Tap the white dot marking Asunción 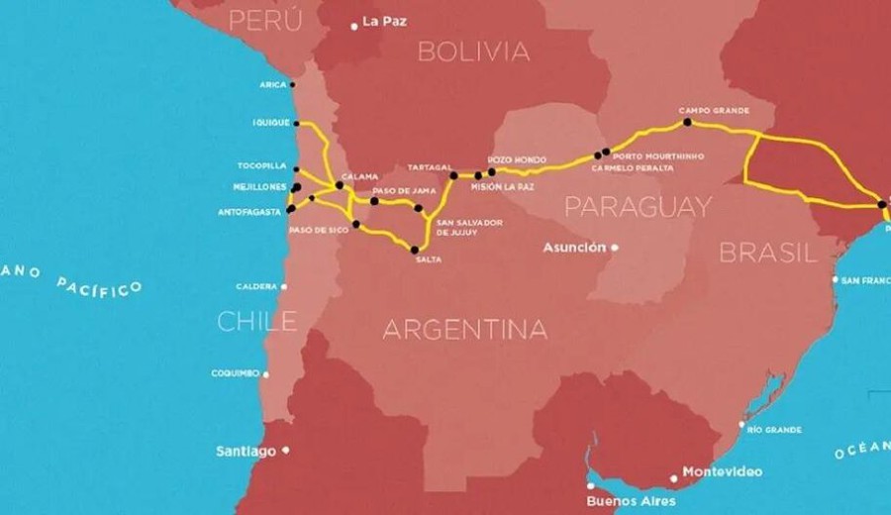pos(615,248)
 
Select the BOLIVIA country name pos(473,51)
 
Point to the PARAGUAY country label pos(638,206)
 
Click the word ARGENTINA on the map pos(464,329)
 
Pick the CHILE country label pos(256,321)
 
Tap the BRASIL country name pos(768,253)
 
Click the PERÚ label pos(265,20)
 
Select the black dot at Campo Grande pos(687,123)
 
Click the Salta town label pos(429,259)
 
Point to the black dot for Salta pos(414,250)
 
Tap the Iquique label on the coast pos(271,123)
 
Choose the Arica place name pos(273,85)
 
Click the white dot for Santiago pos(286,450)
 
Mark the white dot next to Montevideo pos(674,478)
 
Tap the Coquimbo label pos(235,373)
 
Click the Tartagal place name pos(431,167)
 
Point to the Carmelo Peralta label pos(633,168)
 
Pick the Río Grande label pos(775,430)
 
